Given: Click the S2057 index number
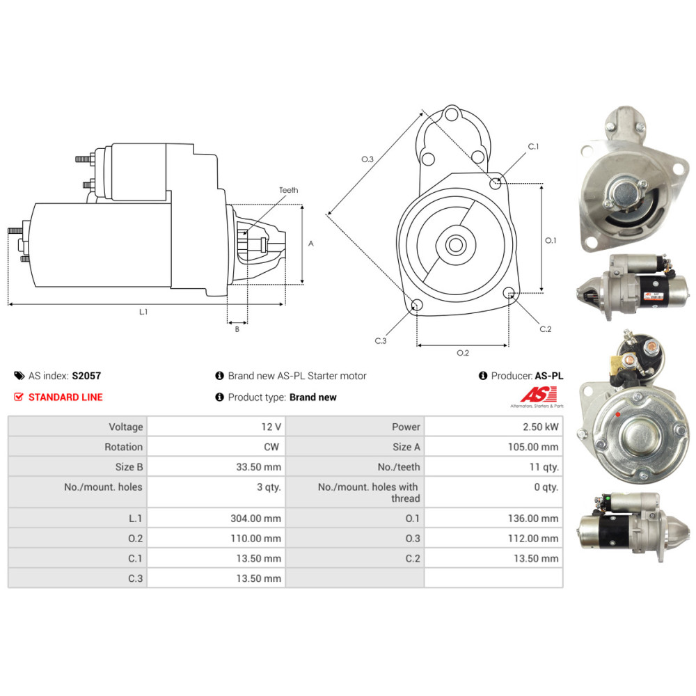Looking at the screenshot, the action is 86,376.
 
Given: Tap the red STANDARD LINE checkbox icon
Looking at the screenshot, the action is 19,397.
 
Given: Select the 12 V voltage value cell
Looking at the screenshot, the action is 271,427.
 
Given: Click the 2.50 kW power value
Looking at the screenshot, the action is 540,427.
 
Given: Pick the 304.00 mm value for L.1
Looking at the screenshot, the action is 255,518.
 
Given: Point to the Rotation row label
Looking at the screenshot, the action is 123,447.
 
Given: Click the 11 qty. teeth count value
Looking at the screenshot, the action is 544,467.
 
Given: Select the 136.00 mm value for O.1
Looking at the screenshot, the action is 533,518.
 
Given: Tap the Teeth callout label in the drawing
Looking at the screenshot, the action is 289,190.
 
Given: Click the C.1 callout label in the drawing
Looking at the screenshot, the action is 533,146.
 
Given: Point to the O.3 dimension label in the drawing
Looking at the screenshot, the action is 367,159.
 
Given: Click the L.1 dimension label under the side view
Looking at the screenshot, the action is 143,312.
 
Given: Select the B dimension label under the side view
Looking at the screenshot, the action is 237,329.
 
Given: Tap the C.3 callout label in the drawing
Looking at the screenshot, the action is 381,341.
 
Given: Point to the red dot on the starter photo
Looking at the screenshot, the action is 618,415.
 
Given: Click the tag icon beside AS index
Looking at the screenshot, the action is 19,376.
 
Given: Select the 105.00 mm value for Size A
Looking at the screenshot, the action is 533,447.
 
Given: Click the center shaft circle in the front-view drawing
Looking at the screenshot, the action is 455,244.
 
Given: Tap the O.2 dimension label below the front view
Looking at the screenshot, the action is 463,353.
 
